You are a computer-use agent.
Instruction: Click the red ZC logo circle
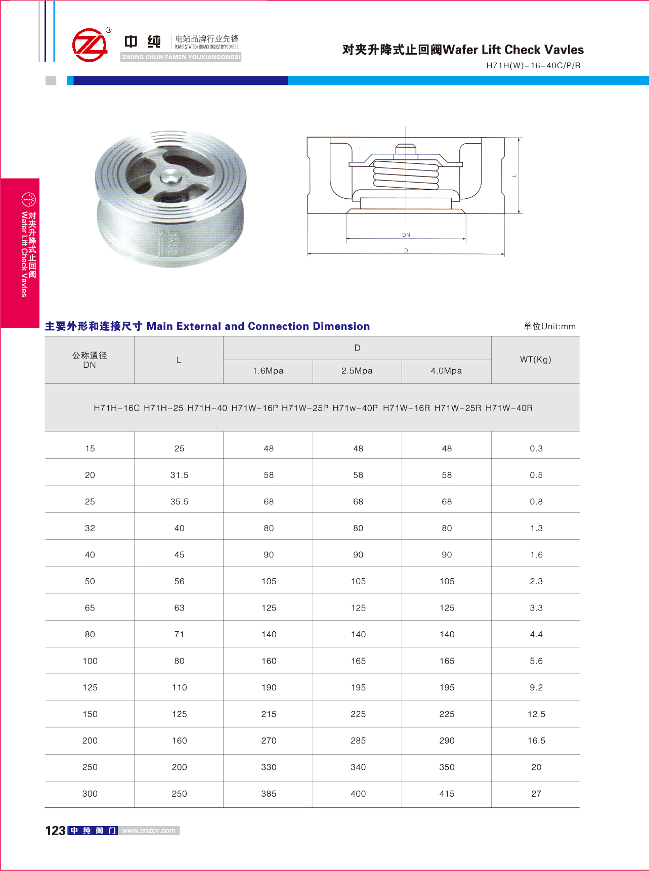90,45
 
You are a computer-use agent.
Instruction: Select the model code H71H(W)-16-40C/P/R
533,65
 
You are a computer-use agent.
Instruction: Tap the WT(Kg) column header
535,360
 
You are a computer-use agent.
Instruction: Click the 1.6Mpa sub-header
268,371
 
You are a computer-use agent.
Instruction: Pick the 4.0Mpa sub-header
446,371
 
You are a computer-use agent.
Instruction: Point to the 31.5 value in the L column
179,475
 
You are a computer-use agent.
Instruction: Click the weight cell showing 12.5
536,714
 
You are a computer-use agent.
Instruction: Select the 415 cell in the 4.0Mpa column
447,794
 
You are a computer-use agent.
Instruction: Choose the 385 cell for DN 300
269,794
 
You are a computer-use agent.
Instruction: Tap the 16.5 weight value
536,741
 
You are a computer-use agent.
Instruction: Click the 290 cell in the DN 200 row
447,741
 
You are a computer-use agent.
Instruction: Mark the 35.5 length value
179,502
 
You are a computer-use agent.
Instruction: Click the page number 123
55,831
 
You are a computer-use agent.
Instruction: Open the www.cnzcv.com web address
149,831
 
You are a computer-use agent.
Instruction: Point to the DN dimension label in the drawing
406,235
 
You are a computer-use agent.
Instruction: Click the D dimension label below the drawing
406,251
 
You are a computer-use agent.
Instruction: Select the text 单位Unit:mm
549,326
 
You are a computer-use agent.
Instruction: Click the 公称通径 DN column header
90,360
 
